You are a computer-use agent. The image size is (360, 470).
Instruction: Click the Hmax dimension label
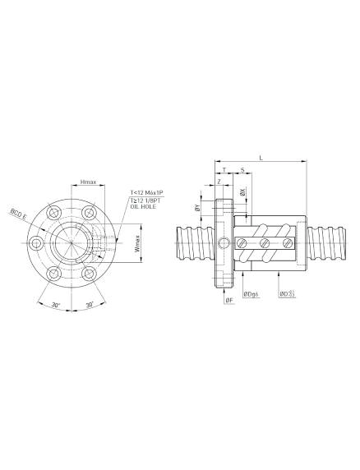pyautogui.click(x=89, y=182)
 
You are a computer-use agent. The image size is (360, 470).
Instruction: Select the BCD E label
pyautogui.click(x=19, y=214)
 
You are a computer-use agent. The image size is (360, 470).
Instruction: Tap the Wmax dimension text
pyautogui.click(x=137, y=243)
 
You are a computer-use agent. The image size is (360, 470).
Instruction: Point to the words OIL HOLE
pyautogui.click(x=143, y=207)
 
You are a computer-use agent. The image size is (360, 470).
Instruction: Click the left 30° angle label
pyautogui.click(x=55, y=305)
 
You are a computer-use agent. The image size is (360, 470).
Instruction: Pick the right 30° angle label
pyautogui.click(x=90, y=305)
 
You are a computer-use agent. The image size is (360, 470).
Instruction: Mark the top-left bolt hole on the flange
pyautogui.click(x=54, y=213)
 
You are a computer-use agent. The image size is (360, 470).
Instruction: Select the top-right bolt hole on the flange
pyautogui.click(x=89, y=213)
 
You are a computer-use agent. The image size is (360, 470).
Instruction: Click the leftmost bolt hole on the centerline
pyautogui.click(x=36, y=242)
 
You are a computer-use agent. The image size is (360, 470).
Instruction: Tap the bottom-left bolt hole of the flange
pyautogui.click(x=54, y=273)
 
